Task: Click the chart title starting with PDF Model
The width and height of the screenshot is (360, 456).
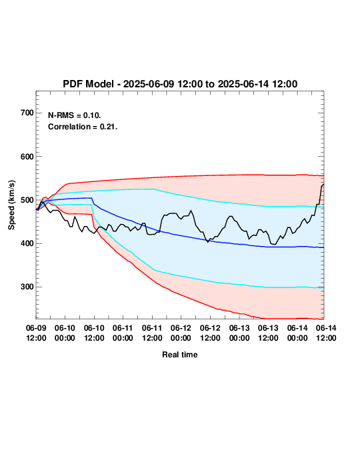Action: pyautogui.click(x=180, y=84)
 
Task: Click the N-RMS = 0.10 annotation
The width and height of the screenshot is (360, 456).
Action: pyautogui.click(x=74, y=115)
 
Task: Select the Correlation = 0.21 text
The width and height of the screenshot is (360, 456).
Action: pyautogui.click(x=83, y=127)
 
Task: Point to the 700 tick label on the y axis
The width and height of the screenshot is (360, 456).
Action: pyautogui.click(x=27, y=113)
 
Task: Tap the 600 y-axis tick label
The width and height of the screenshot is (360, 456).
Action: pyautogui.click(x=27, y=157)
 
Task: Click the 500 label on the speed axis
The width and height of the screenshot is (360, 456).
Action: pyautogui.click(x=27, y=200)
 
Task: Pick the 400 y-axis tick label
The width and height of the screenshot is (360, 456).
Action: pyautogui.click(x=27, y=243)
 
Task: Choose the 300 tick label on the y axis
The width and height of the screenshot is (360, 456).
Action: pyautogui.click(x=27, y=287)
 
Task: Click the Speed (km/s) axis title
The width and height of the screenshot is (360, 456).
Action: pyautogui.click(x=11, y=205)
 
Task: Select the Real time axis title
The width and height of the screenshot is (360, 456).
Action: pyautogui.click(x=180, y=355)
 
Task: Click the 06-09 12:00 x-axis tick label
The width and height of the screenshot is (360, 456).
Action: pyautogui.click(x=36, y=333)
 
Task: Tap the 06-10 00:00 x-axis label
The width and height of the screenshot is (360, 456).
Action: pyautogui.click(x=65, y=333)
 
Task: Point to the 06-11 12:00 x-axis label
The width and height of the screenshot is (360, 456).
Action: pyautogui.click(x=152, y=333)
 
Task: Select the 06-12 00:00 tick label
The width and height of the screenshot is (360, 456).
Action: pyautogui.click(x=181, y=333)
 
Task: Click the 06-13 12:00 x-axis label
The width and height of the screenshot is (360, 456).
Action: pyautogui.click(x=268, y=333)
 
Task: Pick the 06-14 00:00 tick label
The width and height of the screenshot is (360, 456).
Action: pyautogui.click(x=297, y=333)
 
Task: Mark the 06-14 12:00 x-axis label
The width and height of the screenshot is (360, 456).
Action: pyautogui.click(x=326, y=333)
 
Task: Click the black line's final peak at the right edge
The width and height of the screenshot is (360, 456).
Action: pyautogui.click(x=323, y=185)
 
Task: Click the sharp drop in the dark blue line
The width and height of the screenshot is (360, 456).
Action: pyautogui.click(x=93, y=201)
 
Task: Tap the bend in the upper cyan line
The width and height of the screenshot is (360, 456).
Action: pyautogui.click(x=155, y=189)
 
